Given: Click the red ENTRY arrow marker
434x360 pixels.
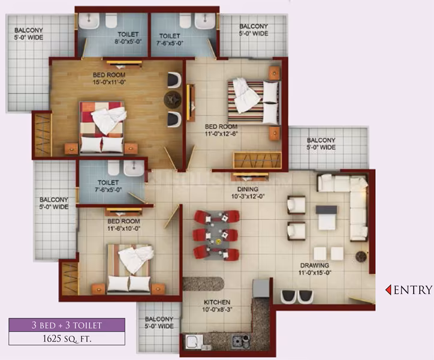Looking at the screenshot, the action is pos(388,290).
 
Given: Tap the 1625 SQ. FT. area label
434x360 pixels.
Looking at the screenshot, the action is pos(67,338).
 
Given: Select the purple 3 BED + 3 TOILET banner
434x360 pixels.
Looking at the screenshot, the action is pos(67,325).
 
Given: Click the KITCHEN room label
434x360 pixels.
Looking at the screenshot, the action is pos(217,302).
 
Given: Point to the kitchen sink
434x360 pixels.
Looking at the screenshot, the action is pos(194,341).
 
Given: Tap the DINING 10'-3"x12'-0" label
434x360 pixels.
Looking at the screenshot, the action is pos(248,193).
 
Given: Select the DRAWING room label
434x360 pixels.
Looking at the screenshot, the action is pos(315,265).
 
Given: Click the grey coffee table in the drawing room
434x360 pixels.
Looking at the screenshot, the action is pos(327,218).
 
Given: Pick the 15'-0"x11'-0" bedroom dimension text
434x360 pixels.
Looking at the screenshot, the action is pos(109,82).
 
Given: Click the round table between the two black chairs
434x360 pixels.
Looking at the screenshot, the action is pos(173,99).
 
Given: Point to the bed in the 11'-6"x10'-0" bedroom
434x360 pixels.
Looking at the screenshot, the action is pos(129,269).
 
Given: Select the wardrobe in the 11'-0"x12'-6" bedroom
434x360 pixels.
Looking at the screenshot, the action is pos(257,160).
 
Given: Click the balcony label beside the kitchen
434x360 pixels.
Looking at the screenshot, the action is pos(159,323).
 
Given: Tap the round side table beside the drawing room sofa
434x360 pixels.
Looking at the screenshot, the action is pos(361,257).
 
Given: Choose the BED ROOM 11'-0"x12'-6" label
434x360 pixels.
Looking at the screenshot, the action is pos(221,130).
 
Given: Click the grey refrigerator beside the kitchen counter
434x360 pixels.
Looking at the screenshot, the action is pos(261,288).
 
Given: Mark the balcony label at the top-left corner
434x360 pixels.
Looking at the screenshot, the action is pos(29,34).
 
